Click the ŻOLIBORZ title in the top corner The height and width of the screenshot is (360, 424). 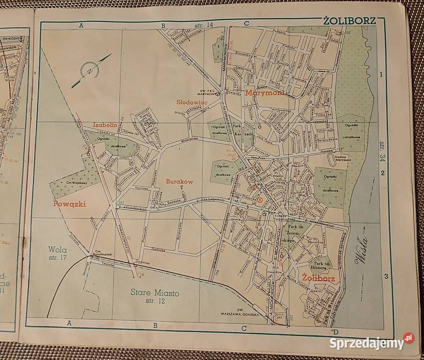(344, 21)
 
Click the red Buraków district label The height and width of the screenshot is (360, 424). (180, 182)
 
